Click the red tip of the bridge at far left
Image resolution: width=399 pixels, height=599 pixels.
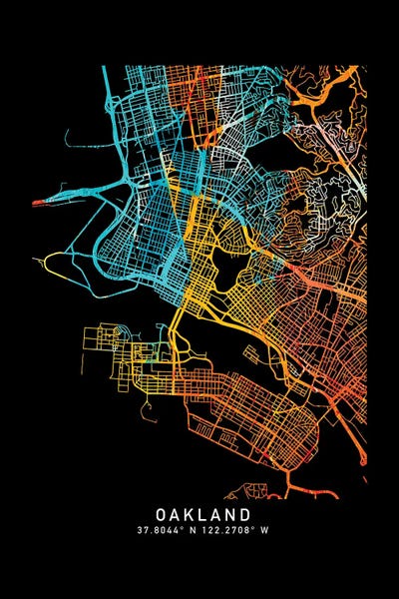[38, 203]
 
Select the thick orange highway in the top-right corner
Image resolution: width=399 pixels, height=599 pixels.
[329, 95]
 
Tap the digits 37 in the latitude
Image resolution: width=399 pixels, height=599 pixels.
[145, 530]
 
